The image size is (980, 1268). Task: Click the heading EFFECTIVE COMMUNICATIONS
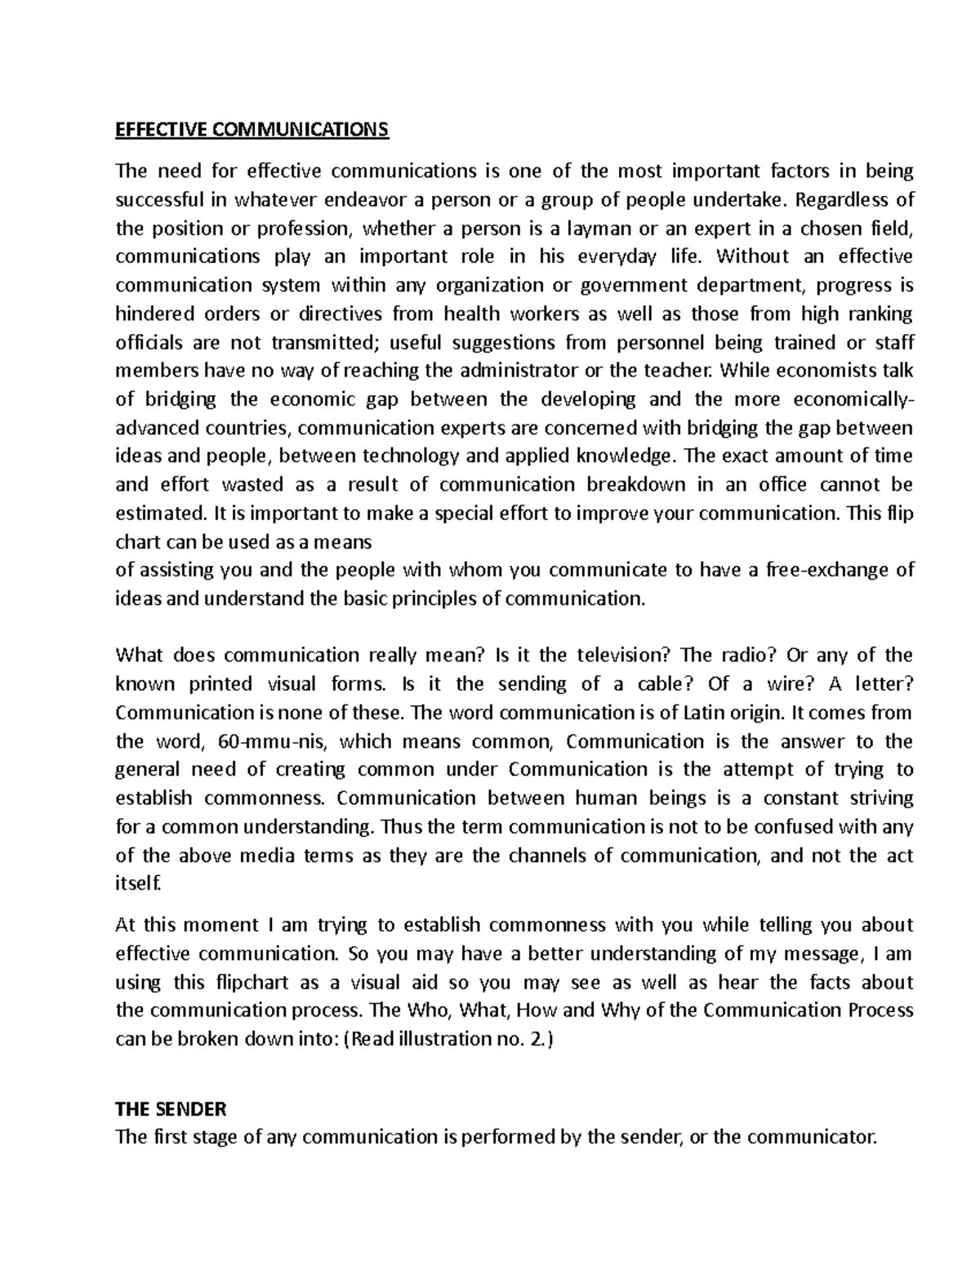252,130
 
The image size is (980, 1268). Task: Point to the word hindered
154,314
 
